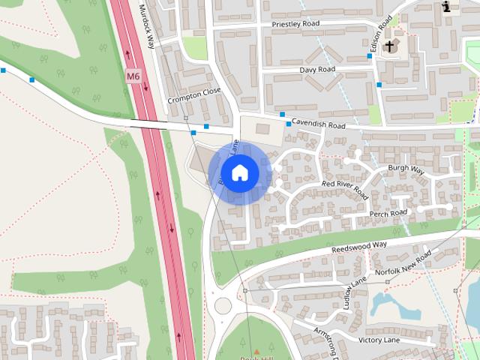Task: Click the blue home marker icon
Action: tap(239, 172)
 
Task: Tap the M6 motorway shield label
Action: tap(133, 76)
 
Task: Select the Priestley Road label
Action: tap(295, 24)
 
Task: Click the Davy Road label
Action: tap(317, 69)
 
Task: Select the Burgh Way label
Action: tap(406, 170)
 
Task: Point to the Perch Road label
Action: tap(388, 214)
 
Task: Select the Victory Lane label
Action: tap(381, 340)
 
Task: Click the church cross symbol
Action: tap(389, 47)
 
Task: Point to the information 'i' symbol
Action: tap(447, 7)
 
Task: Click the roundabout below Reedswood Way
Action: tap(223, 306)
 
